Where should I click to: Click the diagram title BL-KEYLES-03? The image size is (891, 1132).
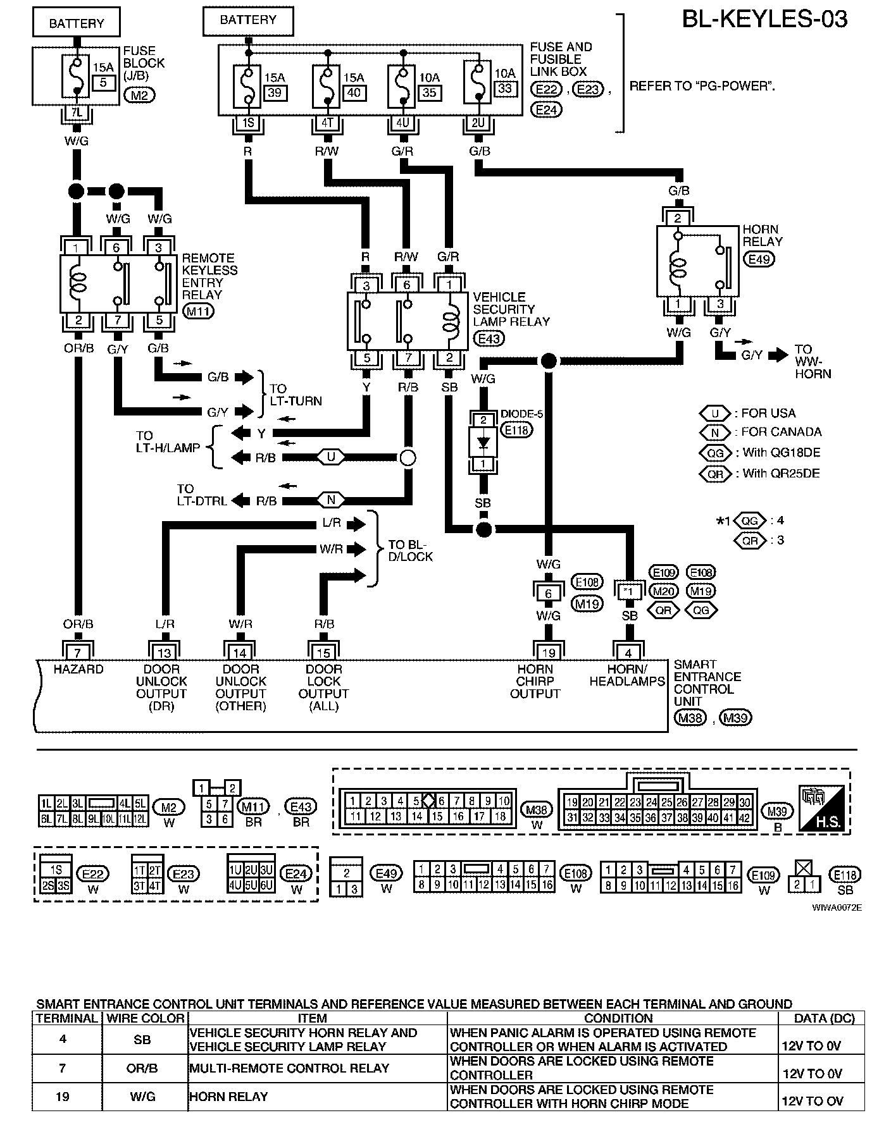764,19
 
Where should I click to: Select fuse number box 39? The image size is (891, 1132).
275,92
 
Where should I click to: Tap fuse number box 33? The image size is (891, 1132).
504,88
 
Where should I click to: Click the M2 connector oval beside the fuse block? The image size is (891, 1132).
140,95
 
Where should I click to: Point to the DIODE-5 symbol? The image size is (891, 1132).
484,442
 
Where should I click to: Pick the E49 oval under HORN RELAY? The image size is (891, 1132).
760,259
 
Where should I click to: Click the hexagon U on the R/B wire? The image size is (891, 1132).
330,457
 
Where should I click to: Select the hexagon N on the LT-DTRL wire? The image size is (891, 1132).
330,500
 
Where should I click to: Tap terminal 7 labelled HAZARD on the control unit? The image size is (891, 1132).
78,652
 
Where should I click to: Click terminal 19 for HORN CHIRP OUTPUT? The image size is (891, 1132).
549,652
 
